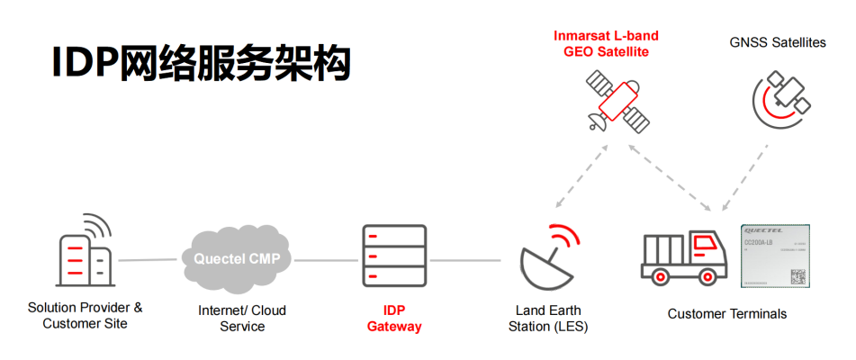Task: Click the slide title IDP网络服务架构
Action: (200, 65)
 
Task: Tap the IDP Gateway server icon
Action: (394, 257)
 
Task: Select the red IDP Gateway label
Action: (394, 318)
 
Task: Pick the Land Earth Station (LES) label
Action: (549, 318)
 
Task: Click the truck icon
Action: (684, 257)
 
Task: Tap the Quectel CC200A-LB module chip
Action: (775, 256)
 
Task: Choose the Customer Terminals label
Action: (727, 314)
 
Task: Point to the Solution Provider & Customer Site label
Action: (85, 315)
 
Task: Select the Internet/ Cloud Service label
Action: (242, 318)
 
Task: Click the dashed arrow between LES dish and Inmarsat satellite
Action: (574, 175)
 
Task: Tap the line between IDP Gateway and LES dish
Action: (465, 261)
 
